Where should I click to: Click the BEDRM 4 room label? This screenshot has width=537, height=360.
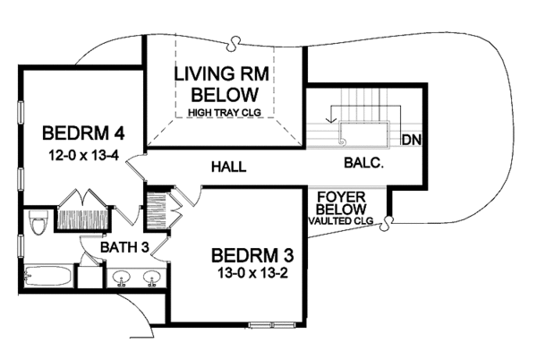point(83,133)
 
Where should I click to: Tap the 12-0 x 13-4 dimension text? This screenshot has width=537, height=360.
point(83,156)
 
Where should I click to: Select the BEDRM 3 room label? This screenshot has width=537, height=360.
point(252,255)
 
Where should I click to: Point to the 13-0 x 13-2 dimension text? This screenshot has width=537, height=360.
point(252,273)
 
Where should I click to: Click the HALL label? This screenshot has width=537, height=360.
point(229,167)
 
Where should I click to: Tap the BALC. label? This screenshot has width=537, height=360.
point(363,163)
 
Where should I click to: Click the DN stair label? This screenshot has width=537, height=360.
point(412,140)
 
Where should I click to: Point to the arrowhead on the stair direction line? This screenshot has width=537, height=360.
point(330,119)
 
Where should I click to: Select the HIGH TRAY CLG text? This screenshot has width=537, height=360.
point(225,112)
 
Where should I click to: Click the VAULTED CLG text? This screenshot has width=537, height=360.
point(341,221)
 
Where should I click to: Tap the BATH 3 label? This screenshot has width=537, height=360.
point(124,247)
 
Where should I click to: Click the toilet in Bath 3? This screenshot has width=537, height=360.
point(38,222)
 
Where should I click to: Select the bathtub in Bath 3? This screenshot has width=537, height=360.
point(47,276)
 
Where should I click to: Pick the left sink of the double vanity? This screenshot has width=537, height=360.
point(121,277)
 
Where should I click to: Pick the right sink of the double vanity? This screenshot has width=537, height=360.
point(152,277)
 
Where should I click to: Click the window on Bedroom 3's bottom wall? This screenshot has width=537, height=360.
point(271,324)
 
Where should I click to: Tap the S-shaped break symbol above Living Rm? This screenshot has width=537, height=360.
point(234,42)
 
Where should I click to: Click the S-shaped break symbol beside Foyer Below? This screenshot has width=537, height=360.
point(388,223)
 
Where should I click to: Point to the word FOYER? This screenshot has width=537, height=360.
point(337,197)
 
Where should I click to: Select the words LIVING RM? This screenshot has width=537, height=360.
point(222,74)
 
